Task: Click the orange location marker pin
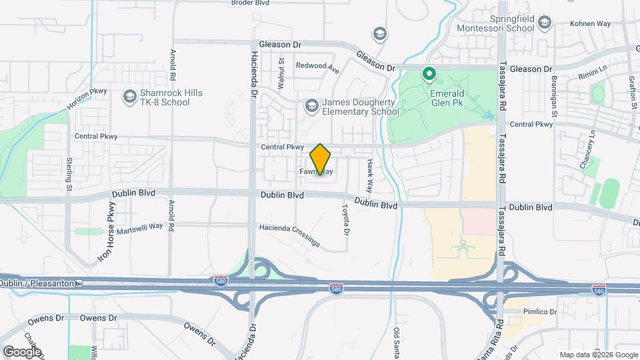[x=321, y=159]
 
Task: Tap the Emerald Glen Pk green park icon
[x=430, y=74]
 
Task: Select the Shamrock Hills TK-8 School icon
[x=129, y=97]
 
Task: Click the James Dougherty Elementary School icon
[x=311, y=106]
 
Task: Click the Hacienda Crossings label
[x=289, y=236]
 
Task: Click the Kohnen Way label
[x=591, y=23]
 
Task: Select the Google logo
[x=23, y=351]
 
